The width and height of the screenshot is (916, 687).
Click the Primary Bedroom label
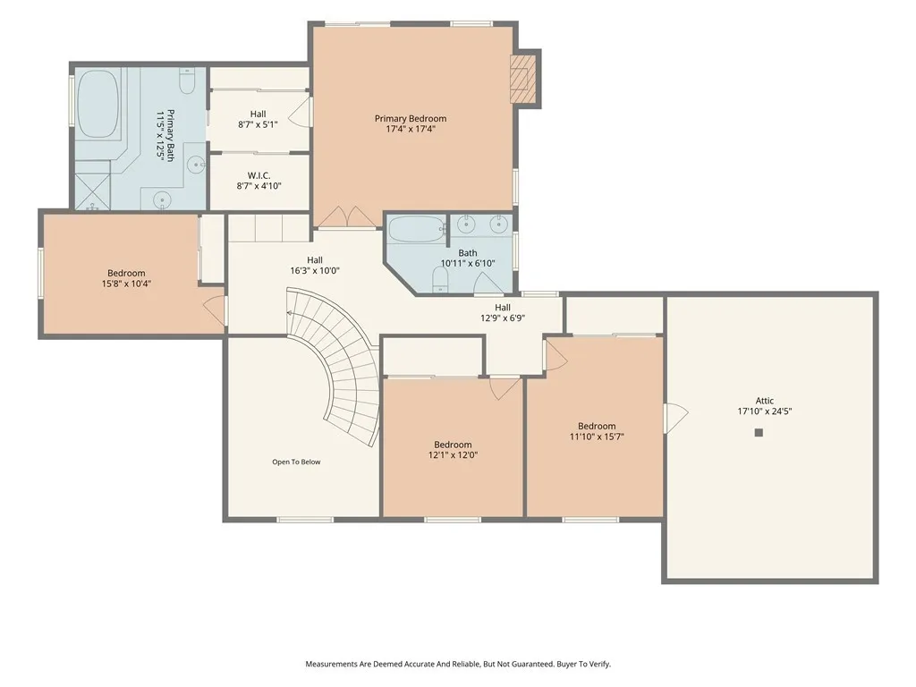point(411,119)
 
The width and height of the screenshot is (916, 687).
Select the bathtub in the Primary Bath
point(98,104)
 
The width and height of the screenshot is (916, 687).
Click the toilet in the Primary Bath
point(187,81)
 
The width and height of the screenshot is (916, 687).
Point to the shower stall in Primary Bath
point(92,184)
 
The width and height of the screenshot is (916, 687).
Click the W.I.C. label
point(259,176)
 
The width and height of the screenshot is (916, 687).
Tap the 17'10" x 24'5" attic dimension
point(765,411)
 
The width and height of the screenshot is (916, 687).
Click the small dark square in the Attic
point(759,433)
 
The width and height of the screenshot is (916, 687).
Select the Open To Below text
point(296,462)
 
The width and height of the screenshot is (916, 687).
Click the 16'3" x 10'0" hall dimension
point(315,271)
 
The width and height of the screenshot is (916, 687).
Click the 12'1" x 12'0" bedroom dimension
point(453,455)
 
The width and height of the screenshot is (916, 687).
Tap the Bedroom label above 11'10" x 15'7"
point(597,427)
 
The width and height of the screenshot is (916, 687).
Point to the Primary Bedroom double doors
point(348,216)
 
